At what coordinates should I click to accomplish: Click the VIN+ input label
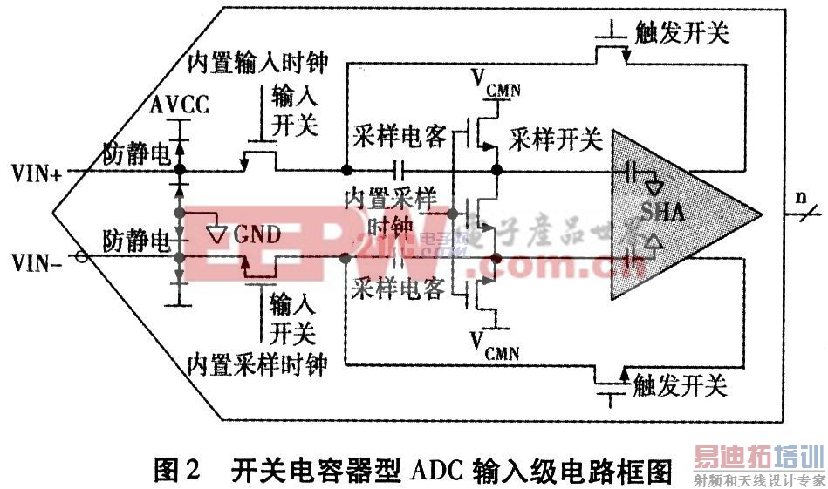click(x=35, y=172)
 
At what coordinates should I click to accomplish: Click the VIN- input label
click(x=35, y=259)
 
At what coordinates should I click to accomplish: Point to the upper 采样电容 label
click(x=400, y=137)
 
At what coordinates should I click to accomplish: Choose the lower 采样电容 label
click(x=400, y=289)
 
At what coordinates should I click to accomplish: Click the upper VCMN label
click(x=495, y=80)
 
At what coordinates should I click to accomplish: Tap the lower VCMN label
click(x=495, y=346)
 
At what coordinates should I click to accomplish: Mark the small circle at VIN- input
click(x=81, y=257)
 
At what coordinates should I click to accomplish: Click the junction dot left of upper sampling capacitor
click(x=346, y=169)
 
